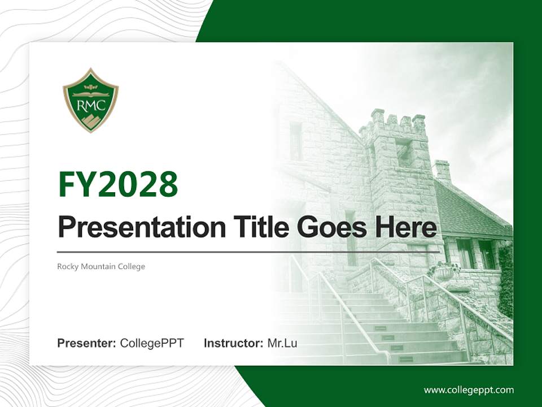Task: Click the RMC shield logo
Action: point(90,101)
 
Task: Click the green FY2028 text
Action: point(118,184)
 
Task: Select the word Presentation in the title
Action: point(142,227)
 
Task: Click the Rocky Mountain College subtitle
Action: point(101,266)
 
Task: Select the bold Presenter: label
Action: point(86,343)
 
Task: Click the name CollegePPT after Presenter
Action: point(152,343)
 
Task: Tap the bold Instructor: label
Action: point(233,343)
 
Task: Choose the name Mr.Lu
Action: point(282,343)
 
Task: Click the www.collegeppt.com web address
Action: point(469,391)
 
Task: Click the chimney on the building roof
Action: point(443,171)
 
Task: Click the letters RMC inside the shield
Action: point(90,105)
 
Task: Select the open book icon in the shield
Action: point(90,93)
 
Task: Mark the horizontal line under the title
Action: point(248,252)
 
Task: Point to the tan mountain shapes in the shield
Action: point(91,121)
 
